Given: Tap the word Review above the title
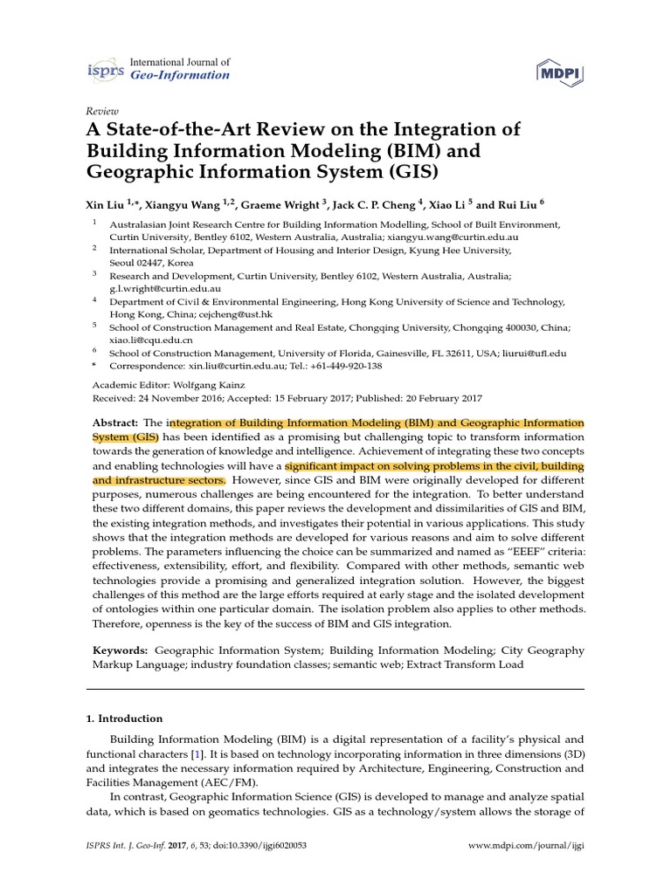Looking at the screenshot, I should point(100,112).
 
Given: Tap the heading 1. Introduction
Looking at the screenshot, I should point(124,719).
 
